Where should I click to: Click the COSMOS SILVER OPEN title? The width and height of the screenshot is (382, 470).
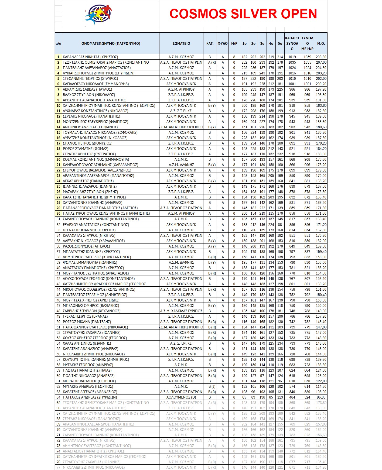tap(243, 14)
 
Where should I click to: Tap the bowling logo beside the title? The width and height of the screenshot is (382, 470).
tap(99, 14)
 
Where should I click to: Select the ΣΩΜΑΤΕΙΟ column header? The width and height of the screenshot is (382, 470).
tap(181, 43)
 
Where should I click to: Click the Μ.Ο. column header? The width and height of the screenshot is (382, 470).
tap(321, 43)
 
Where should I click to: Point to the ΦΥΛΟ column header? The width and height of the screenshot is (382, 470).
tap(223, 43)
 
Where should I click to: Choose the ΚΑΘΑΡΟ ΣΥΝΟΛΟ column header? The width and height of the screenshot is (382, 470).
tap(292, 43)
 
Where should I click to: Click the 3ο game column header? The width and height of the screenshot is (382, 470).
tap(262, 43)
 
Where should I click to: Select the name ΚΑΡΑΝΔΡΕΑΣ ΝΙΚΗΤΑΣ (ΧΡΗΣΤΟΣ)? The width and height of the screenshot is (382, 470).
tap(90, 57)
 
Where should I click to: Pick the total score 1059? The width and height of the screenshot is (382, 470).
tap(307, 57)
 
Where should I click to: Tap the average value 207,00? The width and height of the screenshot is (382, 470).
tap(321, 62)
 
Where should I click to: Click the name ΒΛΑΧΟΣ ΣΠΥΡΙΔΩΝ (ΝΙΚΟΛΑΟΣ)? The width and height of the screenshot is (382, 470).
tap(89, 95)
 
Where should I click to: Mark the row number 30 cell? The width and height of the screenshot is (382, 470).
tap(59, 213)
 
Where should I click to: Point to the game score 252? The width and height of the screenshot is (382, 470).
tap(244, 62)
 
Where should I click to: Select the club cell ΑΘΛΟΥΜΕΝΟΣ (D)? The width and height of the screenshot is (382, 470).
tap(181, 397)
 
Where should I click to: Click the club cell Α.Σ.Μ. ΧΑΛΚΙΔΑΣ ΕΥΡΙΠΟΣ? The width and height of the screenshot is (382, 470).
tap(181, 311)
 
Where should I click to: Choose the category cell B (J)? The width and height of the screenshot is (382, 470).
tap(212, 386)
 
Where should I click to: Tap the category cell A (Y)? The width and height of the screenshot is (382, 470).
tap(212, 246)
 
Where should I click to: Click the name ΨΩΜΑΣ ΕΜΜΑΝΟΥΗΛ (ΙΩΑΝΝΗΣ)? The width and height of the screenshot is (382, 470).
tap(90, 262)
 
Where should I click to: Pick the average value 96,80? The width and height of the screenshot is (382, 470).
tap(321, 397)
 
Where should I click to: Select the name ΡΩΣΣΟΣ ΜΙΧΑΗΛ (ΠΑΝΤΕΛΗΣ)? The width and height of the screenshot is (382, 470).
tap(87, 322)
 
